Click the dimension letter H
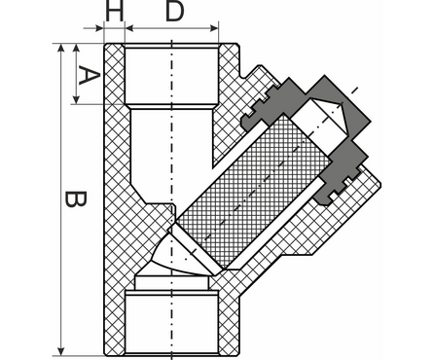(x=115, y=12)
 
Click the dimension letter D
(x=174, y=12)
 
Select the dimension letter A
(x=89, y=75)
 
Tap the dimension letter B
(x=76, y=198)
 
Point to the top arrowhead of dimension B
(x=60, y=48)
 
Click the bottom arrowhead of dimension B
(x=60, y=351)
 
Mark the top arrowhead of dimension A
(x=76, y=48)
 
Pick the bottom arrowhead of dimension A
(x=76, y=99)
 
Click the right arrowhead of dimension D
(x=214, y=28)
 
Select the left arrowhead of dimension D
(x=129, y=28)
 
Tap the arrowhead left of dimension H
(x=99, y=28)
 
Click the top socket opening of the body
(x=171, y=76)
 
